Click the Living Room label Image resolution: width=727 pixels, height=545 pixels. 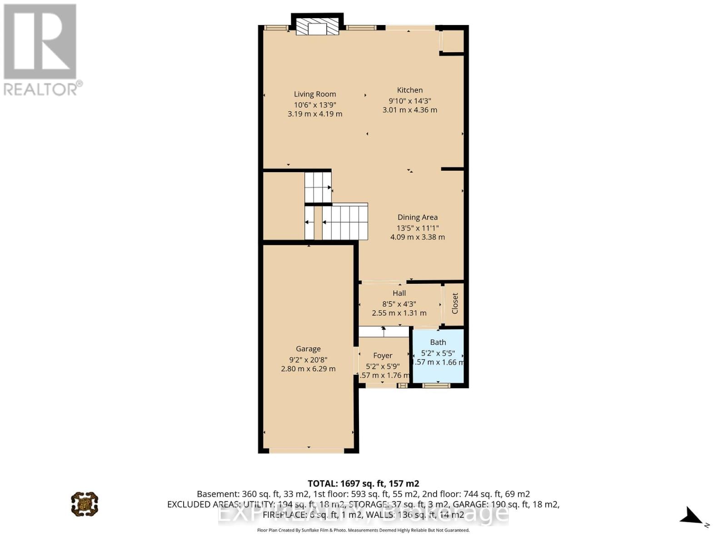315,94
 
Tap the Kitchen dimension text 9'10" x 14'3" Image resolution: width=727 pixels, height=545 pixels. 409,101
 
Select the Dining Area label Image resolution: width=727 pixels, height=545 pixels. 418,217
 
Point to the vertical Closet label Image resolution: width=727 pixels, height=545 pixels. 455,303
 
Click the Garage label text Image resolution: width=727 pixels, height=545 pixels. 308,349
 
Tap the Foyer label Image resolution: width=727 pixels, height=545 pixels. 383,356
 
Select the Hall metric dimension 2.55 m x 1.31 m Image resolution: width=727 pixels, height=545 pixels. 399,313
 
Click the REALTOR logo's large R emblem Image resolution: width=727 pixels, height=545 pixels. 40,42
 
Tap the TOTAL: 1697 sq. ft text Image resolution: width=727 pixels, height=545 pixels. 363,484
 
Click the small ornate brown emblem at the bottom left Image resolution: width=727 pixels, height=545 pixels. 85,504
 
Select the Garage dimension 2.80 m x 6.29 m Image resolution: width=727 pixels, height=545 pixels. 308,369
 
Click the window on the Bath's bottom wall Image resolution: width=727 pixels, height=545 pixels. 436,386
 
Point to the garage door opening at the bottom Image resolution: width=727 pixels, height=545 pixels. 307,451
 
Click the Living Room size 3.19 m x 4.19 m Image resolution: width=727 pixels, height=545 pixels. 315,114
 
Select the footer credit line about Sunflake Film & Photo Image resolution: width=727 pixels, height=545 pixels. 363,530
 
